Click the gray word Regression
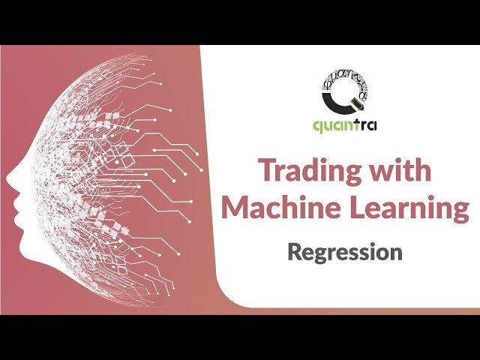345,251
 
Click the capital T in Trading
267,172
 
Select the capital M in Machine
236,208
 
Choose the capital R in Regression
295,251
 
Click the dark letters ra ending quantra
370,124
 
